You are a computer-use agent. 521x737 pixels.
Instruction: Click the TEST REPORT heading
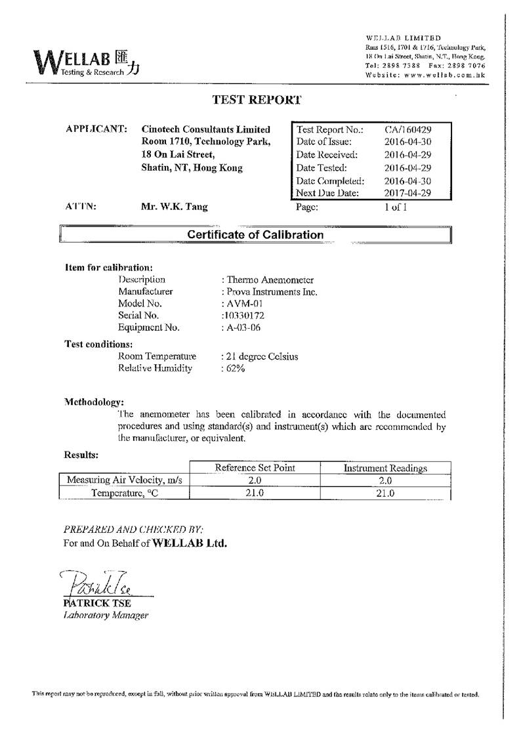click(x=257, y=100)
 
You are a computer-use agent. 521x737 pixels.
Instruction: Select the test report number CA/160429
click(x=407, y=129)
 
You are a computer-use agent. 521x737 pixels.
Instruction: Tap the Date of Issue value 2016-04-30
click(x=407, y=142)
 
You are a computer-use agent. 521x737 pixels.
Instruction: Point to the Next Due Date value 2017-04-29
click(x=407, y=193)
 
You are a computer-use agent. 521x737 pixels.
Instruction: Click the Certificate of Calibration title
click(x=255, y=234)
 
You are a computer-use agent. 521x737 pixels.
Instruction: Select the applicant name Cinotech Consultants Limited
click(x=205, y=129)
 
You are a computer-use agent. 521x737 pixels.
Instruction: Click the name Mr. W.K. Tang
click(x=175, y=207)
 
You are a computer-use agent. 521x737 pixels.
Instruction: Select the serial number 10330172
click(x=245, y=316)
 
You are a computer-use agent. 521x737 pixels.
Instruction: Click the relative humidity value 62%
click(x=235, y=369)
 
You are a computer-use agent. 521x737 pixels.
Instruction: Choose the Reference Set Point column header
click(x=255, y=468)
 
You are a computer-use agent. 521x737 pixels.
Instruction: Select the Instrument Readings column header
click(x=385, y=468)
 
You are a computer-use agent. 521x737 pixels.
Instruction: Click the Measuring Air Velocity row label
click(x=124, y=480)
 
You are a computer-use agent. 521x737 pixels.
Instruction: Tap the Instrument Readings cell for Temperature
click(x=385, y=494)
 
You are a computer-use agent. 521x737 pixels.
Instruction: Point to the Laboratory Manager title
click(x=106, y=615)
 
